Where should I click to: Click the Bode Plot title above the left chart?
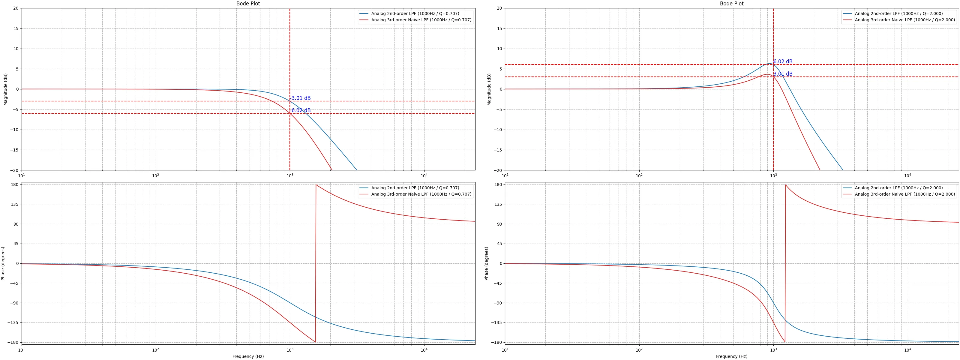pos(248,4)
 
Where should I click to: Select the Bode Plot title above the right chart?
pos(732,4)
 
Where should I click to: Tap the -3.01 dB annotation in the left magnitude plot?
pos(300,98)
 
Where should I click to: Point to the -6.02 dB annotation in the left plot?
pos(300,111)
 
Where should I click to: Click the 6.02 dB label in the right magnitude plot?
pos(783,62)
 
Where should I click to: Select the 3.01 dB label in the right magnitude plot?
pos(783,74)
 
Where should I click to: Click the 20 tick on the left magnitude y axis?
pos(15,8)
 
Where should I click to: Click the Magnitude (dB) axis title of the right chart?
pos(489,89)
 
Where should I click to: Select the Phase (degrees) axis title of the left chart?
pos(3,263)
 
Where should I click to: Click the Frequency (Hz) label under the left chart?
pos(248,356)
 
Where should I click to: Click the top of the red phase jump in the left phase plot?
pos(316,185)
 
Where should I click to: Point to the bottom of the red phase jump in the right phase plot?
pos(785,342)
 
